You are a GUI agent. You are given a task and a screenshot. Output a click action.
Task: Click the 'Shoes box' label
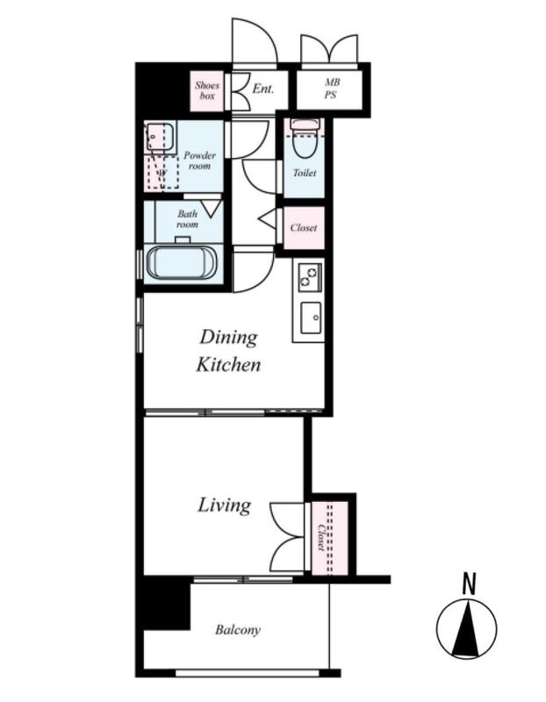coord(207,90)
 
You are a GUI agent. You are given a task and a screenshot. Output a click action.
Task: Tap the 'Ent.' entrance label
coord(263,89)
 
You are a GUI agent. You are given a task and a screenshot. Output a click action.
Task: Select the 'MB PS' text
coord(332,89)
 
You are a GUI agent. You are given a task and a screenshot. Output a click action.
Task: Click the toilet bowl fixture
coord(305,140)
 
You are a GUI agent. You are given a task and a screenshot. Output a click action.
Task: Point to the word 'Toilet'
coord(305,173)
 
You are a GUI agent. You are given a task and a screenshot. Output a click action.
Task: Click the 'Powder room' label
coord(199,161)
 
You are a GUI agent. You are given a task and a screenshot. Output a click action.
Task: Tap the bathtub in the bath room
coord(183,262)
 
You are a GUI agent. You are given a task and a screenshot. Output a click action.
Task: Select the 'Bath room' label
coord(187,218)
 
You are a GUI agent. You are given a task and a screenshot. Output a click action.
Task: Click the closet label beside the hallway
coord(304,228)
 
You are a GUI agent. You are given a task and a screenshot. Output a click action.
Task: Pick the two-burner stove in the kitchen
coord(310,276)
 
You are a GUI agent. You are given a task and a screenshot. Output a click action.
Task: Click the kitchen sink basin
coord(311,318)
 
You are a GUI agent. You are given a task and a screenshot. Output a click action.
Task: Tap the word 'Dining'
coord(229,338)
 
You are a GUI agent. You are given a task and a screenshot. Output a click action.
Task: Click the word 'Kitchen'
coord(228,365)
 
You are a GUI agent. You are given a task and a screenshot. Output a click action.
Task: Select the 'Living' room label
coord(225,505)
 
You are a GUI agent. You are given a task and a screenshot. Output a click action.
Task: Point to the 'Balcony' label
coord(237,630)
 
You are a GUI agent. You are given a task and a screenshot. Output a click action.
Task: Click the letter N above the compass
coord(469,584)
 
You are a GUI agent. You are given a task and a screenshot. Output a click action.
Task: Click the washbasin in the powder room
coord(156,137)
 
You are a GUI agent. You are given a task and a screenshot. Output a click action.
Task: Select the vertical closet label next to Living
coord(320,537)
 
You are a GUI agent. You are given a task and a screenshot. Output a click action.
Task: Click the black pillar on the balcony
coord(167,604)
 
